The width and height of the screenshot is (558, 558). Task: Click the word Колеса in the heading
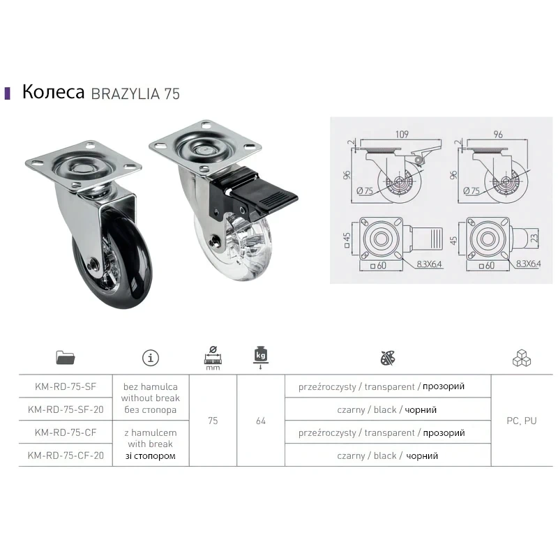(x=54, y=92)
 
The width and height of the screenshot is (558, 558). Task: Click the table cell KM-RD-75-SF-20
(x=66, y=409)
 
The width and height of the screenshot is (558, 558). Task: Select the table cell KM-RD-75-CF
(x=66, y=432)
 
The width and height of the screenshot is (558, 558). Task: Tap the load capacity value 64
(x=261, y=421)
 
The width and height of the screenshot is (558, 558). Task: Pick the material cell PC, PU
(x=521, y=421)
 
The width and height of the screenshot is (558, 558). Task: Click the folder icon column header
(x=66, y=358)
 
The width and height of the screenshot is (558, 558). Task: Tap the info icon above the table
(x=151, y=358)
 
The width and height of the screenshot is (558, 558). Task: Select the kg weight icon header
(x=261, y=357)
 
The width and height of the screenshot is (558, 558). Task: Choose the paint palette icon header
(x=388, y=358)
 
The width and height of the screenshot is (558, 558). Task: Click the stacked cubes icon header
(x=522, y=358)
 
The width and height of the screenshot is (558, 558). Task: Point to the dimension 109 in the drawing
(x=402, y=134)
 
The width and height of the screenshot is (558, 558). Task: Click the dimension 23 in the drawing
(x=534, y=238)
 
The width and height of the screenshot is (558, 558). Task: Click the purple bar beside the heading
(x=7, y=93)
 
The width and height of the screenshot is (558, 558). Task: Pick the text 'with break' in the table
(x=150, y=444)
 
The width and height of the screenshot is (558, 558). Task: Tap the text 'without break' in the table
(x=151, y=398)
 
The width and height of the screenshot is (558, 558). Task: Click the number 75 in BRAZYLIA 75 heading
(x=172, y=94)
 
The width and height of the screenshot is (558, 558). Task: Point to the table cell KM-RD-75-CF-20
(x=66, y=455)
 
